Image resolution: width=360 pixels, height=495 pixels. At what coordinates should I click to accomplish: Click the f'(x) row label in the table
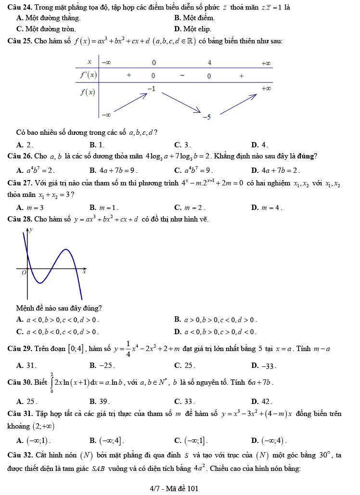click(88, 76)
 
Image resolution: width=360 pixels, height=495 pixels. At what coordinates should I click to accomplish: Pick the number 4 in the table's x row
click(209, 63)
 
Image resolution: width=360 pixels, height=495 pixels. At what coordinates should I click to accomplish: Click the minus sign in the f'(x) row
click(182, 76)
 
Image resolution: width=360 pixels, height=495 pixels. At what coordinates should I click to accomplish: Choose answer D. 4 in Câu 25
click(259, 144)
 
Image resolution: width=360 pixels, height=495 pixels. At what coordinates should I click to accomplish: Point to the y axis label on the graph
click(31, 230)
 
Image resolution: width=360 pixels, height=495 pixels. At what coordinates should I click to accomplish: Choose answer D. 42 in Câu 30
click(262, 402)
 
